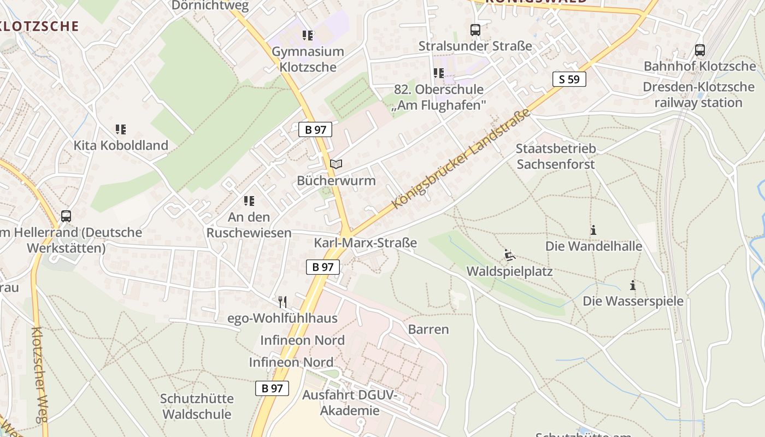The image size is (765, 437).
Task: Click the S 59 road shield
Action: pyautogui.click(x=569, y=79)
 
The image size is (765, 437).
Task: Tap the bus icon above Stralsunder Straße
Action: pyautogui.click(x=475, y=30)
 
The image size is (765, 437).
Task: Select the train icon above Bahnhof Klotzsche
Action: pyautogui.click(x=699, y=50)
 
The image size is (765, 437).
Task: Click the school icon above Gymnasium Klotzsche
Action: pyautogui.click(x=308, y=36)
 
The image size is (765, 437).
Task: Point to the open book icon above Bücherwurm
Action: pyautogui.click(x=336, y=164)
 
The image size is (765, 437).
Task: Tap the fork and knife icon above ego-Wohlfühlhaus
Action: pyautogui.click(x=283, y=302)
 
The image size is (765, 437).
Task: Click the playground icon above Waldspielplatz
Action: pyautogui.click(x=509, y=255)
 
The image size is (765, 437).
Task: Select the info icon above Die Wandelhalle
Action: pyautogui.click(x=593, y=230)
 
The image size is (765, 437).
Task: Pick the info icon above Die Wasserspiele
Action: pyautogui.click(x=633, y=285)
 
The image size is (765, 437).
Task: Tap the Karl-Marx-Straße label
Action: pyautogui.click(x=365, y=243)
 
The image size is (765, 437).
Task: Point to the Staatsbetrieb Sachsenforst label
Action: pyautogui.click(x=556, y=156)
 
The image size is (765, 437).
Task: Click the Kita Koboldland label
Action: pyautogui.click(x=121, y=146)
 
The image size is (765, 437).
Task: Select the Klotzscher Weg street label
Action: pyautogui.click(x=41, y=374)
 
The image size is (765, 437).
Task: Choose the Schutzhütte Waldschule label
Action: pyautogui.click(x=197, y=406)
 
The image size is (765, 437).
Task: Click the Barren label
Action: pyautogui.click(x=428, y=329)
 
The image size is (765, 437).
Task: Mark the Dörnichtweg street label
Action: pyautogui.click(x=210, y=6)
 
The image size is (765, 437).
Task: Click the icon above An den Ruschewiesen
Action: pyautogui.click(x=249, y=201)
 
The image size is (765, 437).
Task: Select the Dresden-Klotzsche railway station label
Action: pyautogui.click(x=698, y=95)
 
